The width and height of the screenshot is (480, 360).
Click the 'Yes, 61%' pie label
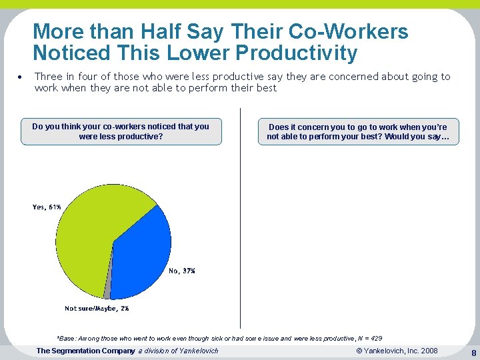point(47,207)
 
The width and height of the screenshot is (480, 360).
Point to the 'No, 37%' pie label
point(182,271)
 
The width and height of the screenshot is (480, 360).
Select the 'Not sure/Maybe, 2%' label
point(97,309)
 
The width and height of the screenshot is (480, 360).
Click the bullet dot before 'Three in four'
point(21,77)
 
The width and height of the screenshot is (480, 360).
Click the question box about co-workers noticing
point(121,131)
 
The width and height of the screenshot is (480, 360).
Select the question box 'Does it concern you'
point(358,131)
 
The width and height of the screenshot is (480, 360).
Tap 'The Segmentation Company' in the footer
point(85,351)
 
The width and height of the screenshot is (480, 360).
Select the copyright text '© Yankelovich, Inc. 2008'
point(397,351)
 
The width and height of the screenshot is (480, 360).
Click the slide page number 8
point(473,352)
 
